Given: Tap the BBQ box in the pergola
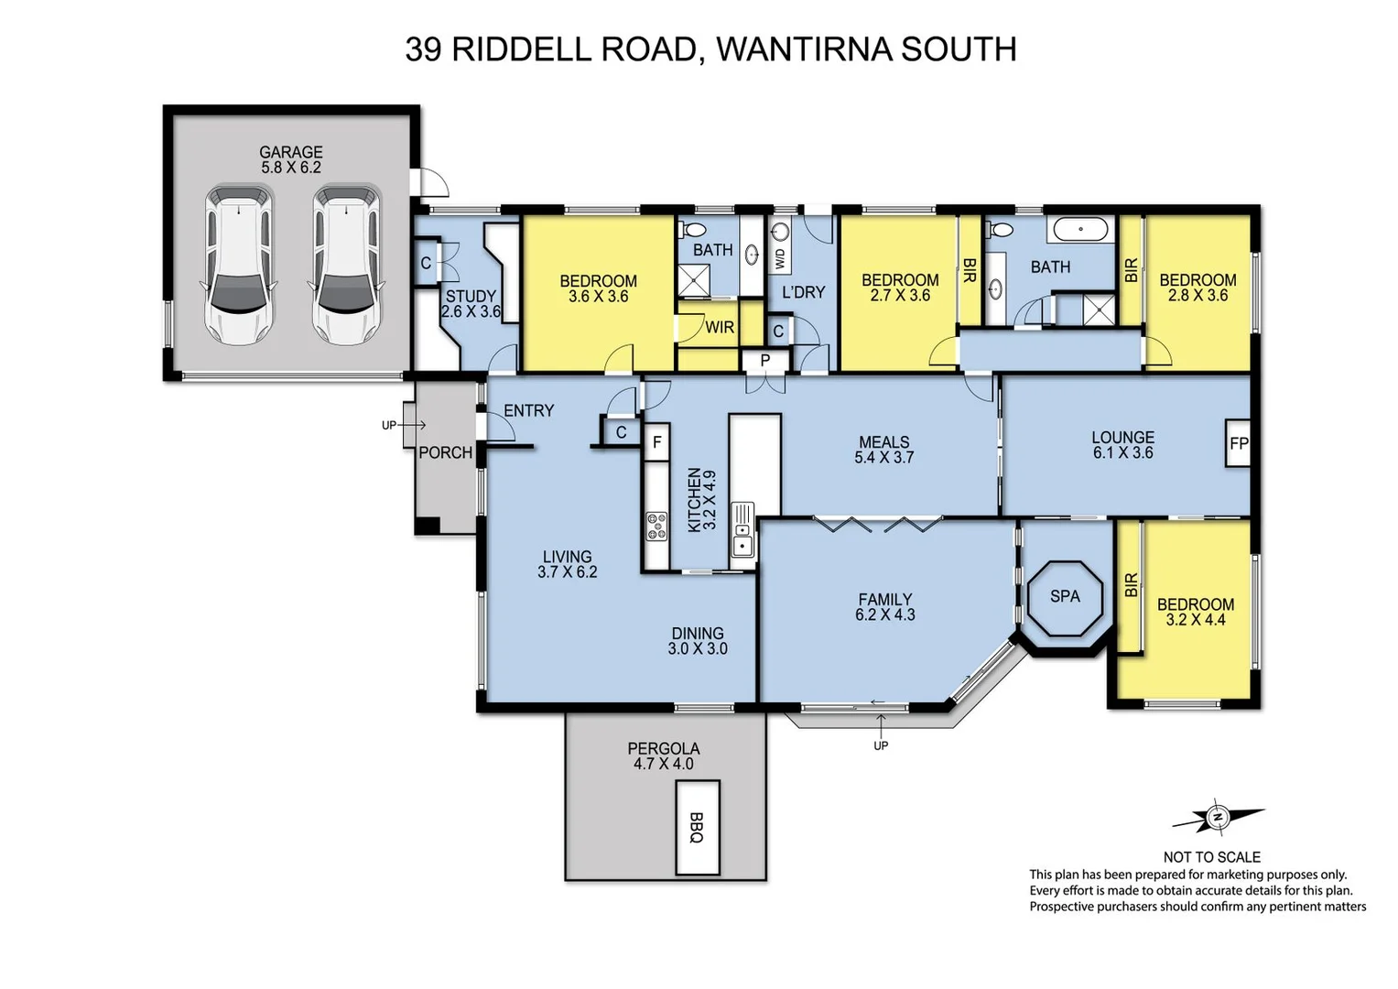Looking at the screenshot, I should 697,827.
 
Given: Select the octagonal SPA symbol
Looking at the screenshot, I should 1065,597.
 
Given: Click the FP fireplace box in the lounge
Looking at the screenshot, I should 1238,444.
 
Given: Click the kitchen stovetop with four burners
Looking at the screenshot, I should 656,526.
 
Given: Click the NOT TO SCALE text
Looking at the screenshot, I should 1211,857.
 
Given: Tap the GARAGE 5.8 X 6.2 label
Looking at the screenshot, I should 290,159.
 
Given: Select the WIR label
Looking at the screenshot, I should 720,327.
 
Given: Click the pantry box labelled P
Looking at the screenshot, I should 765,361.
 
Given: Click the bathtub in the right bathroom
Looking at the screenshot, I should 1080,229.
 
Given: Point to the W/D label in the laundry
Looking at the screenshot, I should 780,259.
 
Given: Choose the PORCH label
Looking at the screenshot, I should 445,452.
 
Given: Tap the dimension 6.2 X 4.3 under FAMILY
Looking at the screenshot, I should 884,614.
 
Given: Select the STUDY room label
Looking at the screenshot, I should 471,296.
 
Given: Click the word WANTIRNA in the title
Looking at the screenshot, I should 805,49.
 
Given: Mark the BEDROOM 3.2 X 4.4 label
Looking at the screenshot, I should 1195,612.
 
